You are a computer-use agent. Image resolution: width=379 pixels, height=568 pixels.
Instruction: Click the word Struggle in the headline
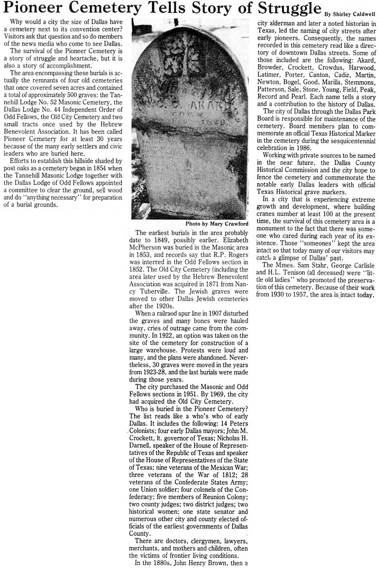[289, 9]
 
